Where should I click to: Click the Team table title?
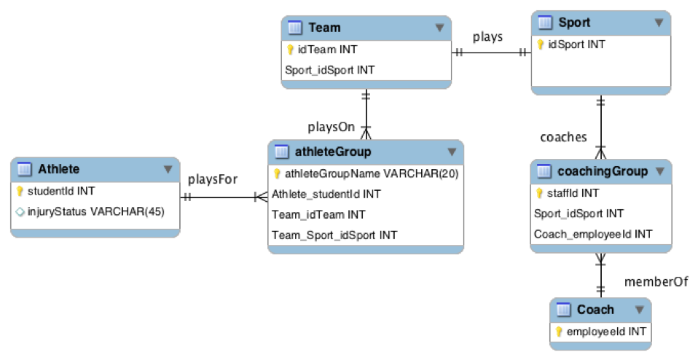tap(324, 28)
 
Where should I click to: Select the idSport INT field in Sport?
tap(576, 44)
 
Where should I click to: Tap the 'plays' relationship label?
tap(487, 37)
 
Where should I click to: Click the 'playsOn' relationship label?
tap(332, 128)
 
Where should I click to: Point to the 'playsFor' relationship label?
tap(212, 179)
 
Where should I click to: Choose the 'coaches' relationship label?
tap(563, 137)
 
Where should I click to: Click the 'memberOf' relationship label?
tap(656, 282)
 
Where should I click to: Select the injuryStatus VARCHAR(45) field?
tap(95, 211)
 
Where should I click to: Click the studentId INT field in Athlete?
tap(61, 191)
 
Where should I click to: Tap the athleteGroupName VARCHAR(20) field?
tap(372, 173)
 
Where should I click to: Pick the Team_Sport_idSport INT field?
tap(334, 235)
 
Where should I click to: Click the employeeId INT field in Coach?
tap(606, 332)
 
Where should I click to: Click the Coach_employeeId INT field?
tap(593, 234)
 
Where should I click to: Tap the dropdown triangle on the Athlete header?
tap(168, 169)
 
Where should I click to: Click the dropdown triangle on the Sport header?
tap(659, 23)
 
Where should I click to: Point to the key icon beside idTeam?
tap(290, 50)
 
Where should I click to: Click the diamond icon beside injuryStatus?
tap(20, 212)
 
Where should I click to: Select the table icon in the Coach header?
tap(563, 309)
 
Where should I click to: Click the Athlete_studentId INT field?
tap(326, 194)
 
